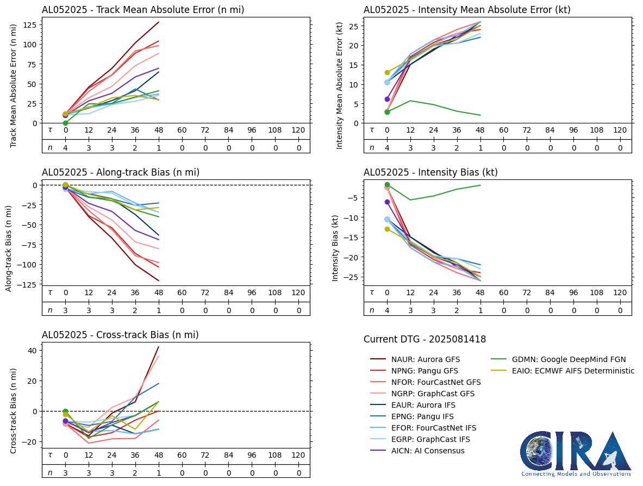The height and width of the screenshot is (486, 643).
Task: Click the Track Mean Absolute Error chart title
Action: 143,9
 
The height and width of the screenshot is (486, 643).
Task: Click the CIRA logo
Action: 576,454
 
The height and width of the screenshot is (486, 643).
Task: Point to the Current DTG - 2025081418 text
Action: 424,339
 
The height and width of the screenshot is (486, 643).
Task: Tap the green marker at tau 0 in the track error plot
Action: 65,123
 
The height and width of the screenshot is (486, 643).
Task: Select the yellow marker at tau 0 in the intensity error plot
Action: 387,72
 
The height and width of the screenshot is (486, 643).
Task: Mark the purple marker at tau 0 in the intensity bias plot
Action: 387,202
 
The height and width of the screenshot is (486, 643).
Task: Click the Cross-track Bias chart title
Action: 120,335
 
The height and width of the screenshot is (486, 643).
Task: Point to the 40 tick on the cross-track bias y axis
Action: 32,350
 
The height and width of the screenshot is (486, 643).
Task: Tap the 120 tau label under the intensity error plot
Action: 620,130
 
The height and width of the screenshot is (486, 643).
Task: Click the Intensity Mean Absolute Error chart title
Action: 467,9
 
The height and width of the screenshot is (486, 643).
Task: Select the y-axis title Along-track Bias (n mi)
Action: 9,248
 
